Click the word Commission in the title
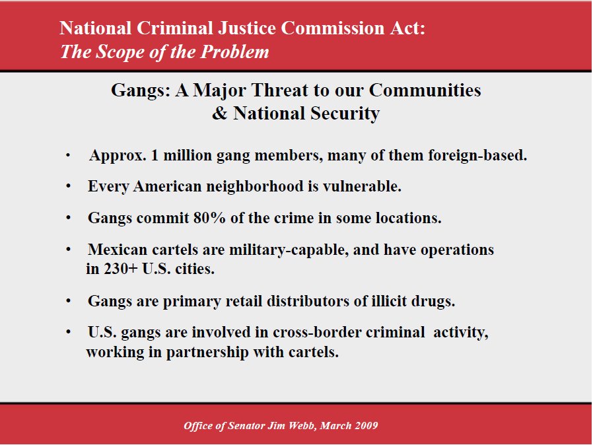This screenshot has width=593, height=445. click(332, 28)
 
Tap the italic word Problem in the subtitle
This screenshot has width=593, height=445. click(234, 51)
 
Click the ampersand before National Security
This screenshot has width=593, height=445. click(219, 113)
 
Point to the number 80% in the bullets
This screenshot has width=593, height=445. click(209, 218)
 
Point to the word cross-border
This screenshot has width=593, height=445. click(317, 332)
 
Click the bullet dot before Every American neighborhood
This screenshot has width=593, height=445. click(68, 186)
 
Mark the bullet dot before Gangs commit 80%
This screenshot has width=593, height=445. click(68, 218)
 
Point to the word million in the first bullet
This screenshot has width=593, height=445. click(187, 155)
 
